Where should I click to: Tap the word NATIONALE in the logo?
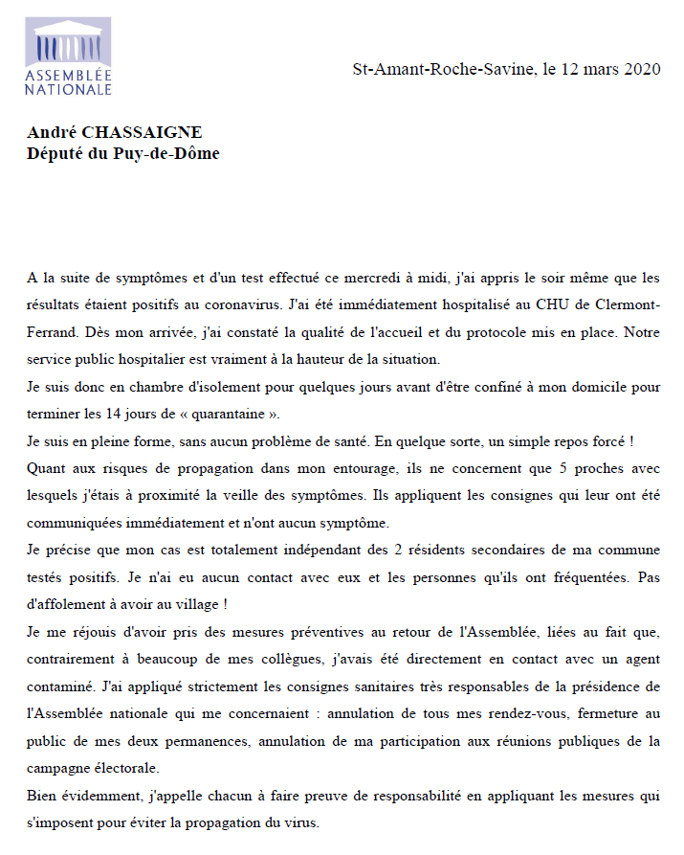tap(68, 89)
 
